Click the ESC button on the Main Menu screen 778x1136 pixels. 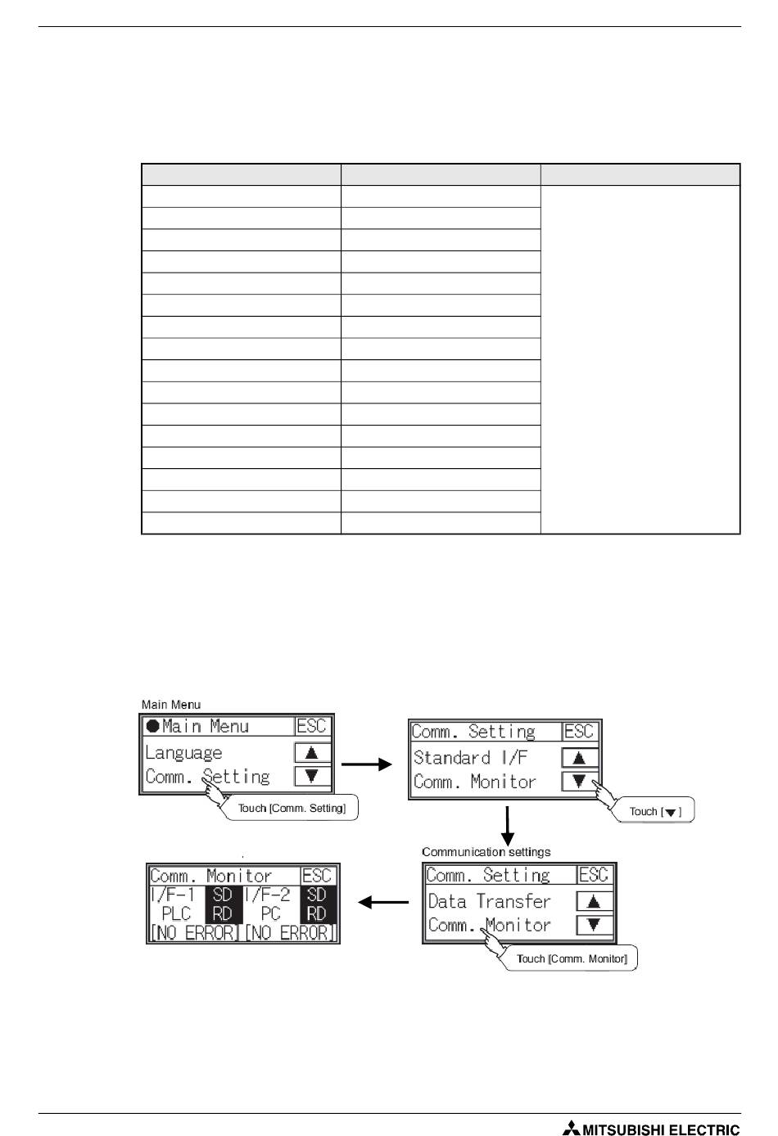coord(311,726)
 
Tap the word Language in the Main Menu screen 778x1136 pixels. coord(183,753)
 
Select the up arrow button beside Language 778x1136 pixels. coord(312,753)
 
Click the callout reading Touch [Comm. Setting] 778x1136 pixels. coord(292,809)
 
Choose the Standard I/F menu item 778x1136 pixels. coord(470,758)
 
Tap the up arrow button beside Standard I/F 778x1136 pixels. coord(580,758)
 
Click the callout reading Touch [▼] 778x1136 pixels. coord(654,812)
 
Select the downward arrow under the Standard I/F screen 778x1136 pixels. coord(508,827)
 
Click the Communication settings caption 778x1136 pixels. coord(486,852)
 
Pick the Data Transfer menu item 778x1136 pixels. coord(489,901)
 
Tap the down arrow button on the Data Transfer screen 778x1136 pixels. coord(595,925)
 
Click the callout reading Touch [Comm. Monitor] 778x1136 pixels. coord(572,958)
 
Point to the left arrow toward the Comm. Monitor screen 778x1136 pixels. coord(383,902)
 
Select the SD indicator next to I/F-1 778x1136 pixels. coord(222,895)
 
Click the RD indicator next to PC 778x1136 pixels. coord(316,913)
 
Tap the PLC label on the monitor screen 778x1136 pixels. coord(176,913)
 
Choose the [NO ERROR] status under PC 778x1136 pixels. coord(290,932)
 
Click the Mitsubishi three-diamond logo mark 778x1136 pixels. coord(570,1128)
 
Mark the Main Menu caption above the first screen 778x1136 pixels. coord(170,705)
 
